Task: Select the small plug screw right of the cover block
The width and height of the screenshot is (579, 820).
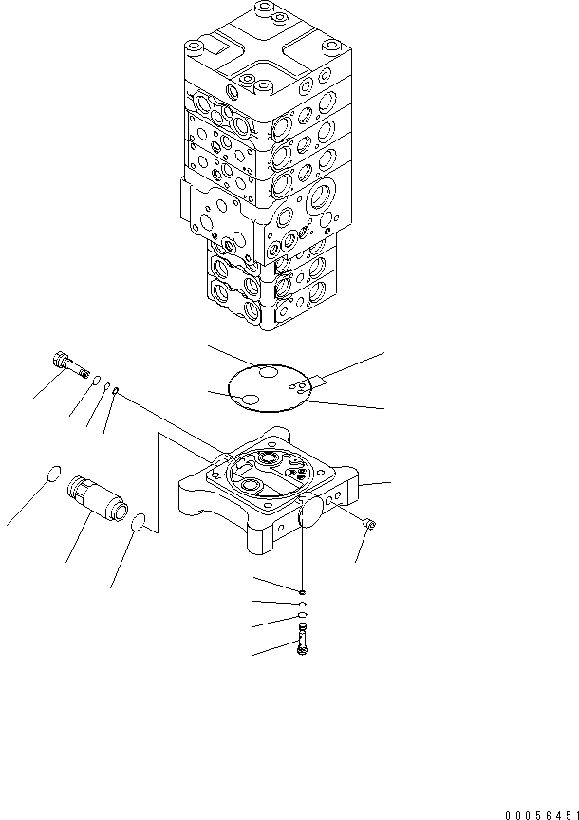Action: (369, 522)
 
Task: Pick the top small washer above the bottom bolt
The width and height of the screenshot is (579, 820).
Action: (301, 592)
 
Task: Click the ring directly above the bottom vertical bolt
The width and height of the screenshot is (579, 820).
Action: (302, 617)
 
